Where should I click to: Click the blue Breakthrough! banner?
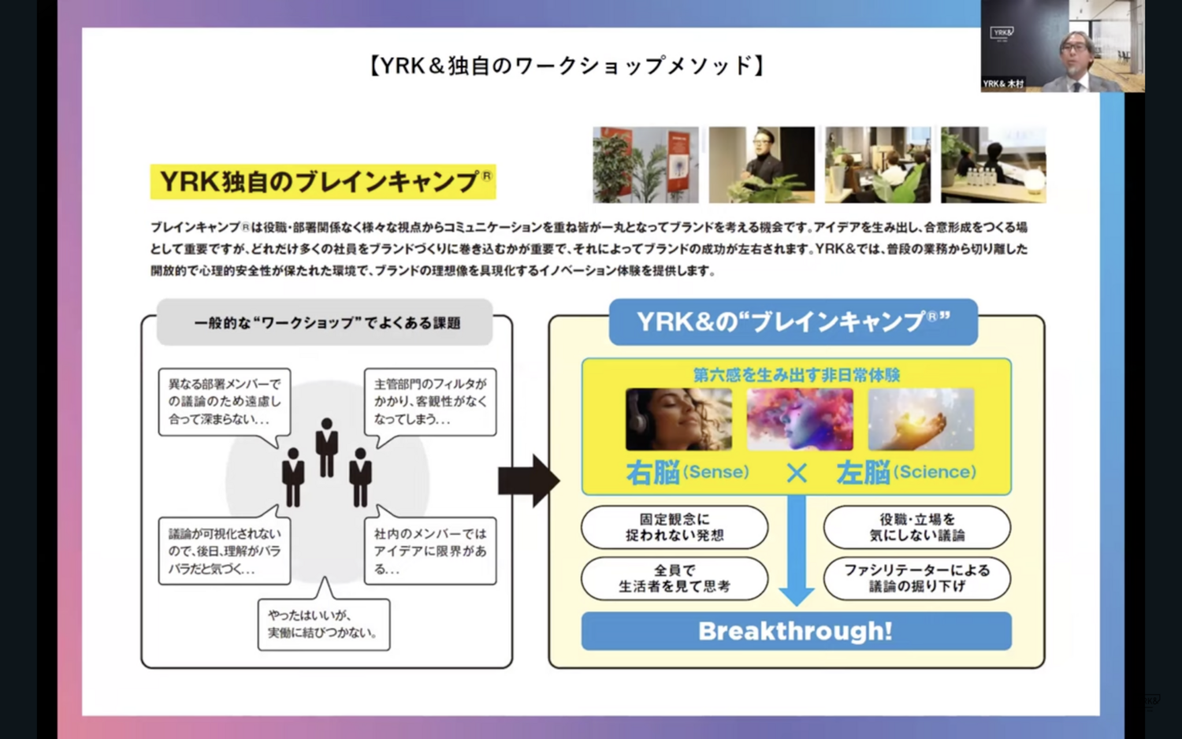pyautogui.click(x=796, y=631)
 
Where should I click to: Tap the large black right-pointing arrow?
pyautogui.click(x=528, y=480)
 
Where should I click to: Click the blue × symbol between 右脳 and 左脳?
pyautogui.click(x=797, y=473)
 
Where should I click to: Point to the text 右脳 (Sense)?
pyautogui.click(x=687, y=472)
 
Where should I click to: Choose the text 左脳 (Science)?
pyautogui.click(x=906, y=472)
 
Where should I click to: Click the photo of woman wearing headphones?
pyautogui.click(x=678, y=419)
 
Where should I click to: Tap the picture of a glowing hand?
pyautogui.click(x=920, y=419)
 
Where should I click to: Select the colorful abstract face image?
pyautogui.click(x=799, y=419)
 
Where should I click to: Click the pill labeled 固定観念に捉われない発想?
pyautogui.click(x=675, y=527)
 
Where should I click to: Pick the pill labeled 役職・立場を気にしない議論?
pyautogui.click(x=916, y=527)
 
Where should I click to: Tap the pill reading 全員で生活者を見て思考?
pyautogui.click(x=675, y=577)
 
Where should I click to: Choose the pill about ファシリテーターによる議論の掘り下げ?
pyautogui.click(x=916, y=577)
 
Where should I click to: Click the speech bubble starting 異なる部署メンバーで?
pyautogui.click(x=225, y=401)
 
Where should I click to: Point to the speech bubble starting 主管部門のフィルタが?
pyautogui.click(x=430, y=401)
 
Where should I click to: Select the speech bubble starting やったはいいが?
pyautogui.click(x=324, y=624)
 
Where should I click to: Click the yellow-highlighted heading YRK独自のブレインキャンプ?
pyautogui.click(x=323, y=182)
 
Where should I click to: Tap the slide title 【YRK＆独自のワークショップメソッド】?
pyautogui.click(x=567, y=65)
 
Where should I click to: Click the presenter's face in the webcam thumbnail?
pyautogui.click(x=1074, y=51)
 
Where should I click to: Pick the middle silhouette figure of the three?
pyautogui.click(x=326, y=447)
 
